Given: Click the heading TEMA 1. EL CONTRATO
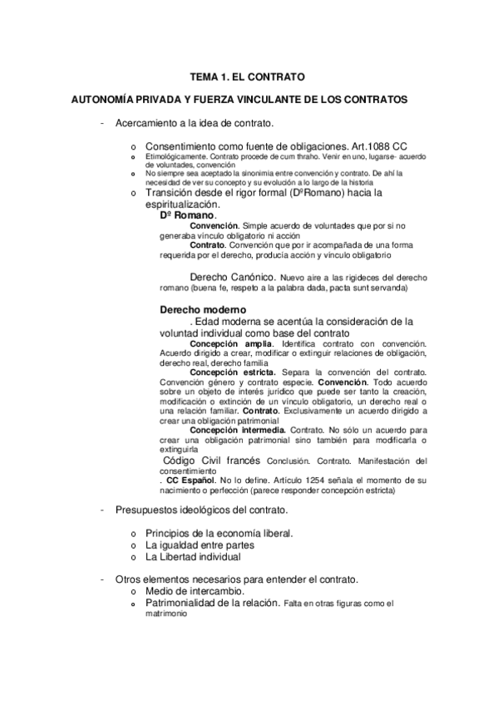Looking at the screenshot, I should tap(248, 76).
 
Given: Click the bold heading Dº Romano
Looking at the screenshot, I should tap(187, 214).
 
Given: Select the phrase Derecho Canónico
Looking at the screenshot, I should tap(232, 276).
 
